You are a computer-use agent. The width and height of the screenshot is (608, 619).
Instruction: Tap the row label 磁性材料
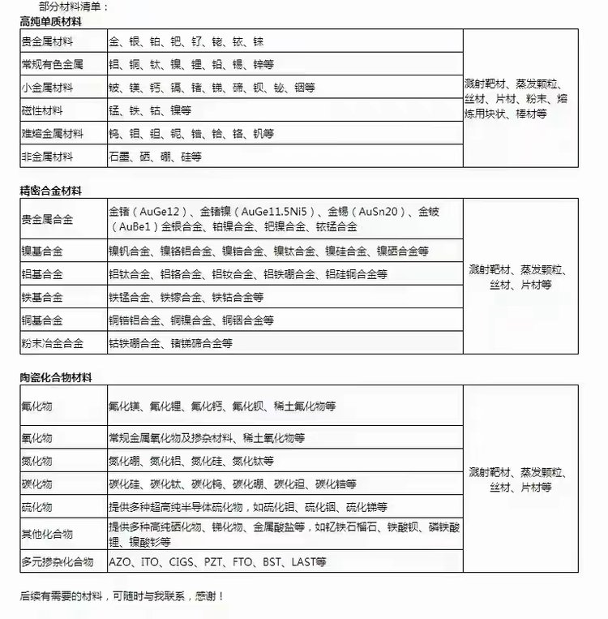(42, 110)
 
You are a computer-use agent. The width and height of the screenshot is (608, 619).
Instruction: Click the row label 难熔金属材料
(52, 133)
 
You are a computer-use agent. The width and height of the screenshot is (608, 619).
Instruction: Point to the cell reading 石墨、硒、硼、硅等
(155, 156)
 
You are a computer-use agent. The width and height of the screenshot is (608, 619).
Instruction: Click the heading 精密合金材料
(51, 191)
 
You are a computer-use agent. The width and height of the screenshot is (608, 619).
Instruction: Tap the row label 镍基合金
(42, 251)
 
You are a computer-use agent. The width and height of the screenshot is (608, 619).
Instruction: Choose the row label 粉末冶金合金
(52, 343)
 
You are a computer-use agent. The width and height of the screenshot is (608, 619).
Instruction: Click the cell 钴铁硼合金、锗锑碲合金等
(170, 343)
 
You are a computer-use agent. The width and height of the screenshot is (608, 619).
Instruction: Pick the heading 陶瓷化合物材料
(56, 378)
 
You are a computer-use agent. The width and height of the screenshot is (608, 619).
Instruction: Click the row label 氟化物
(36, 405)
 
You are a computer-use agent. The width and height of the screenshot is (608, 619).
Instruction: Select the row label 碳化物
(36, 484)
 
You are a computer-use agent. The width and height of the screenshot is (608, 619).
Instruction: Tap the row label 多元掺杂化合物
(57, 561)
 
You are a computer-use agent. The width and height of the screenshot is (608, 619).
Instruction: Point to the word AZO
(120, 561)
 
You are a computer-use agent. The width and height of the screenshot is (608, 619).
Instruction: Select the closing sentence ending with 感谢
(122, 596)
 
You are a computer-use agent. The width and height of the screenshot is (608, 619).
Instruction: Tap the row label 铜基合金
(42, 320)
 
